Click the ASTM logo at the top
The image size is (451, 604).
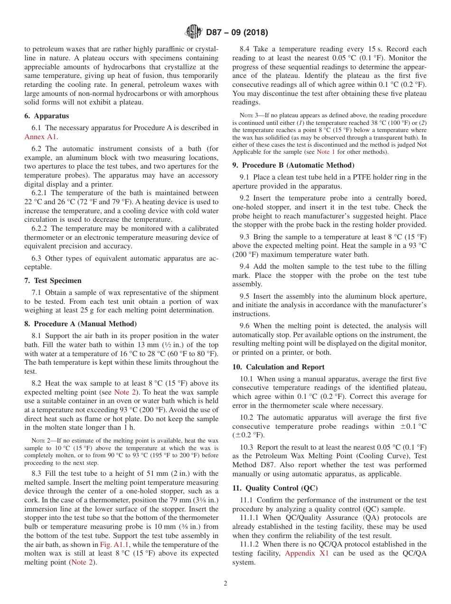point(193,32)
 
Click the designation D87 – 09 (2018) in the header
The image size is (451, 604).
point(237,33)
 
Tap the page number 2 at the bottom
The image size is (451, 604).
point(225,584)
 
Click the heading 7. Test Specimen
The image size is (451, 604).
point(53,281)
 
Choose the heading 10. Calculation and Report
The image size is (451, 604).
point(279,367)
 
